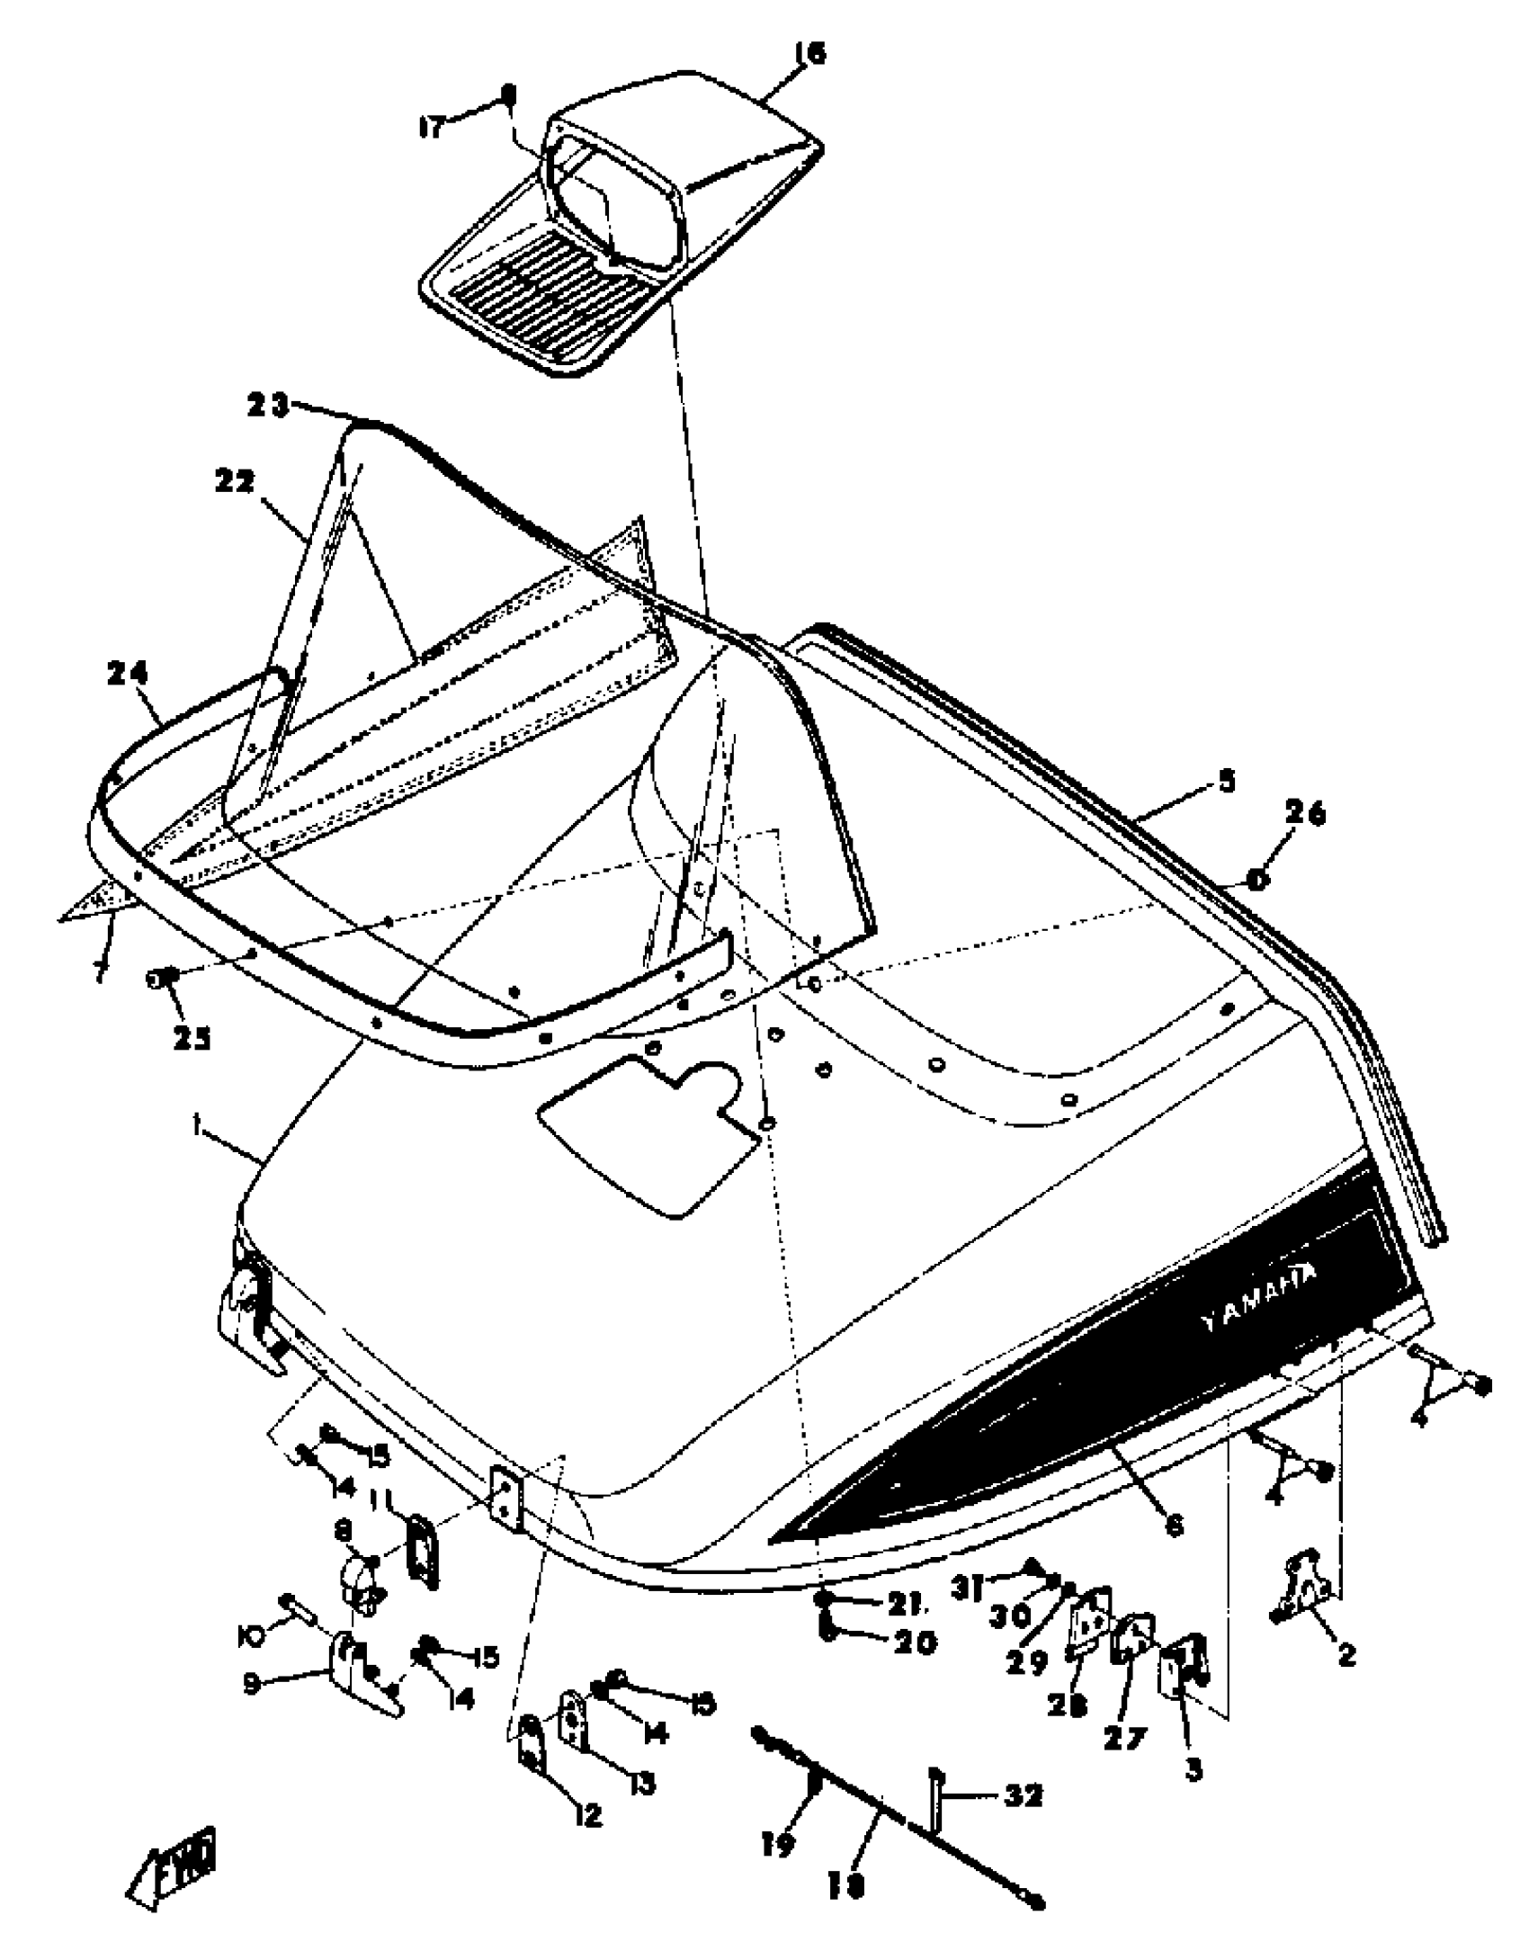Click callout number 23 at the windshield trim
(x=268, y=407)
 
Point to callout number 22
(x=236, y=483)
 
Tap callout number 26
(x=1304, y=815)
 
